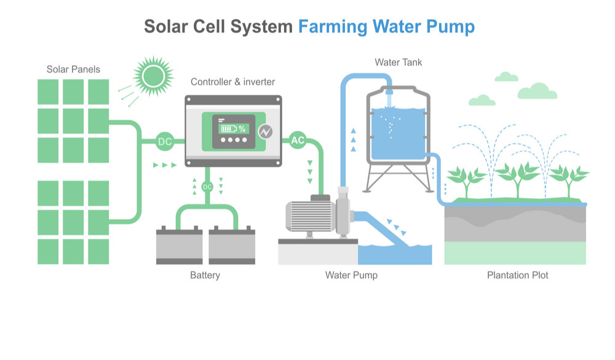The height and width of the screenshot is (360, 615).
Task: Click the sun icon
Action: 150,76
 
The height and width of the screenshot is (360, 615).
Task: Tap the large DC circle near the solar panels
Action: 165,142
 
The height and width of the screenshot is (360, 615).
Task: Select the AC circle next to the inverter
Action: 298,141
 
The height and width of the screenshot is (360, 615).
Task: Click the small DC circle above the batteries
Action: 207,186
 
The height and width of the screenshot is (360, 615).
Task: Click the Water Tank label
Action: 399,62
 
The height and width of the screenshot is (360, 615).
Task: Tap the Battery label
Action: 205,275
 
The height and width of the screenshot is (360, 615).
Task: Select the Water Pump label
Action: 351,275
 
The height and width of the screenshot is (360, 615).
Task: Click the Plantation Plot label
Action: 517,275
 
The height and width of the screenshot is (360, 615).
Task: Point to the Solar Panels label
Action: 73,69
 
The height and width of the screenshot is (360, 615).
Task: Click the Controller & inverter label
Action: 232,82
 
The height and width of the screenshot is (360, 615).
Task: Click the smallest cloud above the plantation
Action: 506,77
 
